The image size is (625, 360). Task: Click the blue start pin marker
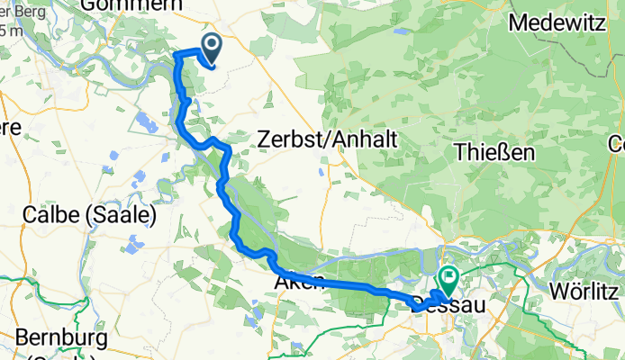[212, 46]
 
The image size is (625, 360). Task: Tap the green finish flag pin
[448, 278]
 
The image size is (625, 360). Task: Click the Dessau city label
[448, 306]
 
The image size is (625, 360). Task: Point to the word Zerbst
[285, 139]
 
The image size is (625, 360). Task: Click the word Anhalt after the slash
[352, 139]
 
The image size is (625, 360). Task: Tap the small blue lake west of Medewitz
[403, 31]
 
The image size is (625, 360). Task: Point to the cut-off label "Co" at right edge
[617, 143]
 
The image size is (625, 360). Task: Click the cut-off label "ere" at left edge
[9, 127]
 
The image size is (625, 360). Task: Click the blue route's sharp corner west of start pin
[176, 55]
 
